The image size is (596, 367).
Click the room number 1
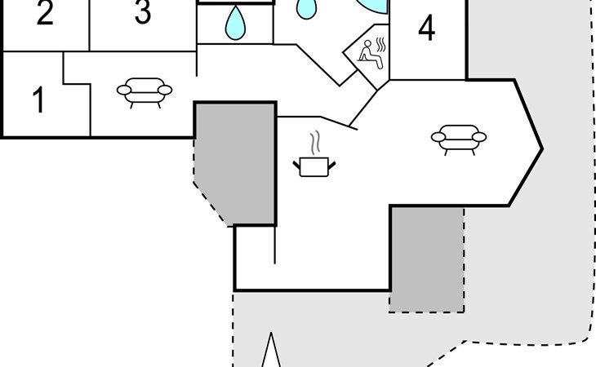[x=38, y=99]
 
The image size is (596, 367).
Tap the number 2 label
[x=45, y=13]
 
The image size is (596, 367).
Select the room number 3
[x=143, y=12]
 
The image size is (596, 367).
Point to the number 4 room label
[x=426, y=28]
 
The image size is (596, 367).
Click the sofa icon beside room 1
[x=145, y=93]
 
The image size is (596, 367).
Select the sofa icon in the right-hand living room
[x=459, y=139]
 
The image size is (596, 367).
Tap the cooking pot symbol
[x=314, y=167]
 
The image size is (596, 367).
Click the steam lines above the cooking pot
[x=314, y=143]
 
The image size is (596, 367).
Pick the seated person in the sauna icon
[x=369, y=55]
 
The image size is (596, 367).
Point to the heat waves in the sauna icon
[x=381, y=44]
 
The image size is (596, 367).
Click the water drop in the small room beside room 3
[x=235, y=24]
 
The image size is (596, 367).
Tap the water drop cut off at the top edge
[x=306, y=9]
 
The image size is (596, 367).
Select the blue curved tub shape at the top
[x=373, y=7]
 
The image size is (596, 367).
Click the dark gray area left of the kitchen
[x=234, y=163]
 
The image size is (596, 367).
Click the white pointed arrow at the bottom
[x=271, y=351]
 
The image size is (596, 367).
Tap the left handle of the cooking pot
[x=296, y=165]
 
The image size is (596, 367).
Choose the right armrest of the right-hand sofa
[x=479, y=137]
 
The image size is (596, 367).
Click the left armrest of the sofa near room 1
[x=124, y=90]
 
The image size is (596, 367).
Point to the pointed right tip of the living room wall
[x=542, y=149]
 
